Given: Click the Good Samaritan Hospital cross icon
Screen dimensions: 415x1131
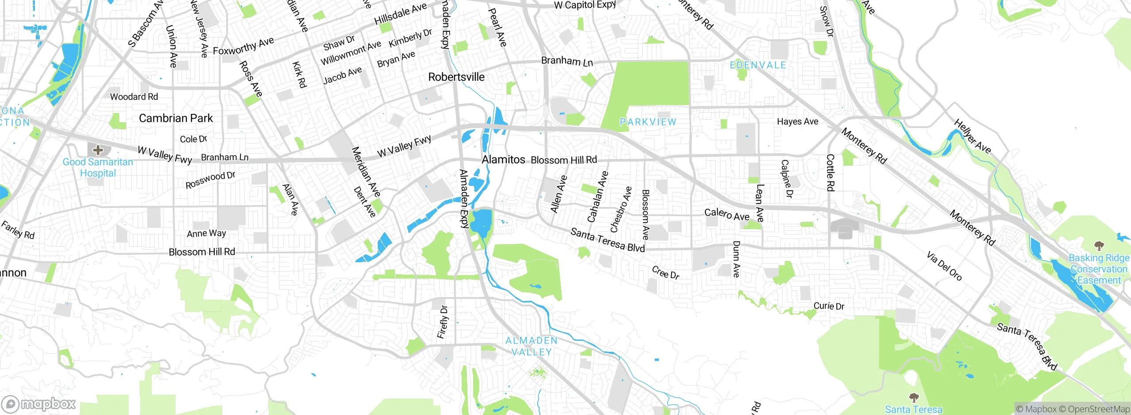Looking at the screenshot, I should (x=98, y=150).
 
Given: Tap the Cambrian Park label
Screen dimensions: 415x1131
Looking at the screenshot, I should (x=176, y=118).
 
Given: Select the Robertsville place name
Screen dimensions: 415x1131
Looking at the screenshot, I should (x=456, y=77).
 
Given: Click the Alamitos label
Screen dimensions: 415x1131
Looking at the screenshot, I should (x=503, y=159).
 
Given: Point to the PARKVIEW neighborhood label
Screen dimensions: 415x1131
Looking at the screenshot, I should (x=648, y=122).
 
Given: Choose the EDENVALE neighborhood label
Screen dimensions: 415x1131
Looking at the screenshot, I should (x=758, y=65).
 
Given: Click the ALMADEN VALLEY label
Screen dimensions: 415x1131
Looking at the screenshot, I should (x=531, y=346).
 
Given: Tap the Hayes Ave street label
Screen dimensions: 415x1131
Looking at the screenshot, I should (x=797, y=121).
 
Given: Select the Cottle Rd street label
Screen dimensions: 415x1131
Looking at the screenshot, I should (x=830, y=173).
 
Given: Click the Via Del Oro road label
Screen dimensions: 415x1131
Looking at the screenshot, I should (x=944, y=266).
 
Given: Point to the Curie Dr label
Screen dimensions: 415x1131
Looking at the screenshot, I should (x=829, y=306).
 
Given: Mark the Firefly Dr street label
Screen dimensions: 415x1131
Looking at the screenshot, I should (x=443, y=322).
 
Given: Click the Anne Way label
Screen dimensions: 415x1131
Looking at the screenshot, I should (x=206, y=233).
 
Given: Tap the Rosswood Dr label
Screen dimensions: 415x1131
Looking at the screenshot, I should (x=210, y=180).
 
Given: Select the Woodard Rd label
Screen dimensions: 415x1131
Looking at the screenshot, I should (x=134, y=97).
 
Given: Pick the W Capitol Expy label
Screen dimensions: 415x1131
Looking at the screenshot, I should (x=585, y=5).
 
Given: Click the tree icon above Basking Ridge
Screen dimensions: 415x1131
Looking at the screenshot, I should (x=1099, y=245).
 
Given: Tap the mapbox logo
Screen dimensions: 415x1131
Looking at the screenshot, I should (x=38, y=404).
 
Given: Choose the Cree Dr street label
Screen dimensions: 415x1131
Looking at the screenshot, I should (x=666, y=273).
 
